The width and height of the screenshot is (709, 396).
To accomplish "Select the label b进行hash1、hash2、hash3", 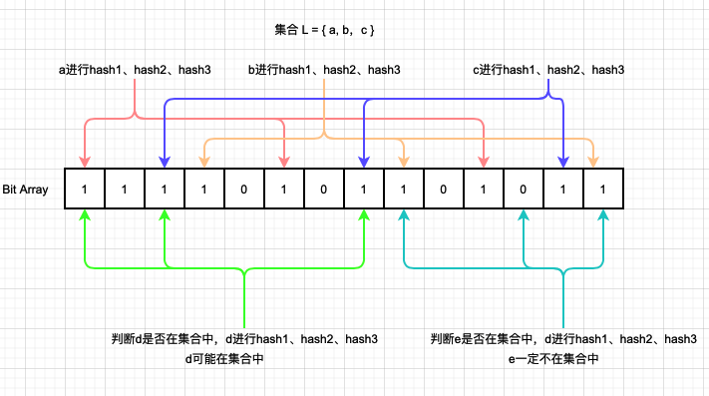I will click(324, 70).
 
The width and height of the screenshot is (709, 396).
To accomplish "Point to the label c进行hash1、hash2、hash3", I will click(547, 70).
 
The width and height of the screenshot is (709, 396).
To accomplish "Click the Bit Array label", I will click(27, 189).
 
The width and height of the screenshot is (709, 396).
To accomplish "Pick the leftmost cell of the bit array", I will click(85, 189).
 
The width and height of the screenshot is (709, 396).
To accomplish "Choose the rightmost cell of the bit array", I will click(603, 189).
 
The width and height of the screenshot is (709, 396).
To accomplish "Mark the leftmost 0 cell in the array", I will click(244, 189).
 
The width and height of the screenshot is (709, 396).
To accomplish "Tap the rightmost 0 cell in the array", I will click(524, 189).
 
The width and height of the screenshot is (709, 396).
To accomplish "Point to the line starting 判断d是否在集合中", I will click(244, 339).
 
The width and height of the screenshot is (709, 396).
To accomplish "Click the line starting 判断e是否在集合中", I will click(563, 339).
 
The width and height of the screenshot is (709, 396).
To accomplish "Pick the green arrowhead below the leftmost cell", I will click(85, 215).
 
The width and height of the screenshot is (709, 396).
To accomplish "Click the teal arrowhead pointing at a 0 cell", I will click(524, 215).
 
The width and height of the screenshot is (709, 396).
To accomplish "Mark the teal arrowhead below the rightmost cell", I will click(603, 215).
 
